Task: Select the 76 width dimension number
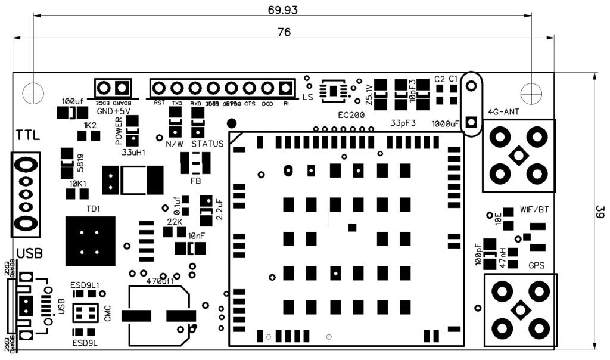point(284,32)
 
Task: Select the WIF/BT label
point(535,209)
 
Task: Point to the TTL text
point(29,136)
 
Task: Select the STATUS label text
point(207,144)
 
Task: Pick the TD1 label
point(94,209)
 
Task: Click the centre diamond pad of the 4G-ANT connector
point(518,156)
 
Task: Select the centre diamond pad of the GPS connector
point(521,310)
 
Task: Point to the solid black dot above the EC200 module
point(232,123)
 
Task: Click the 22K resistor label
point(174,221)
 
